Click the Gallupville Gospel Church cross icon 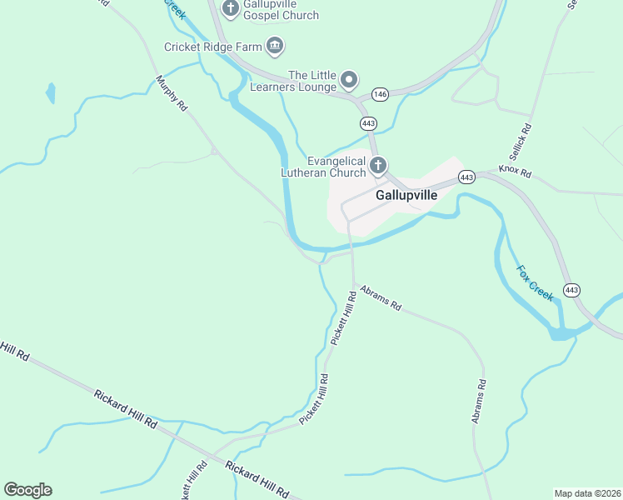pos(231,7)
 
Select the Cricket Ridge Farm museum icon pos(275,46)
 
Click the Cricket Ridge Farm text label pos(213,47)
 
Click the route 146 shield pos(380,95)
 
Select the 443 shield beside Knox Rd pos(466,177)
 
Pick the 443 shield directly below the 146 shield pos(369,123)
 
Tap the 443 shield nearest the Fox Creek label pos(571,290)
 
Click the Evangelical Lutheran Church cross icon pos(377,166)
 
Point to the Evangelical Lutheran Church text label pos(336,167)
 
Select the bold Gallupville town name pos(406,195)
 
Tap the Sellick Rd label pos(520,143)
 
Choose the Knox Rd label pos(515,171)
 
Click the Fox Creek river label pos(535,283)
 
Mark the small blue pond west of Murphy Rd pos(51,92)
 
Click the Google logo pos(27,489)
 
